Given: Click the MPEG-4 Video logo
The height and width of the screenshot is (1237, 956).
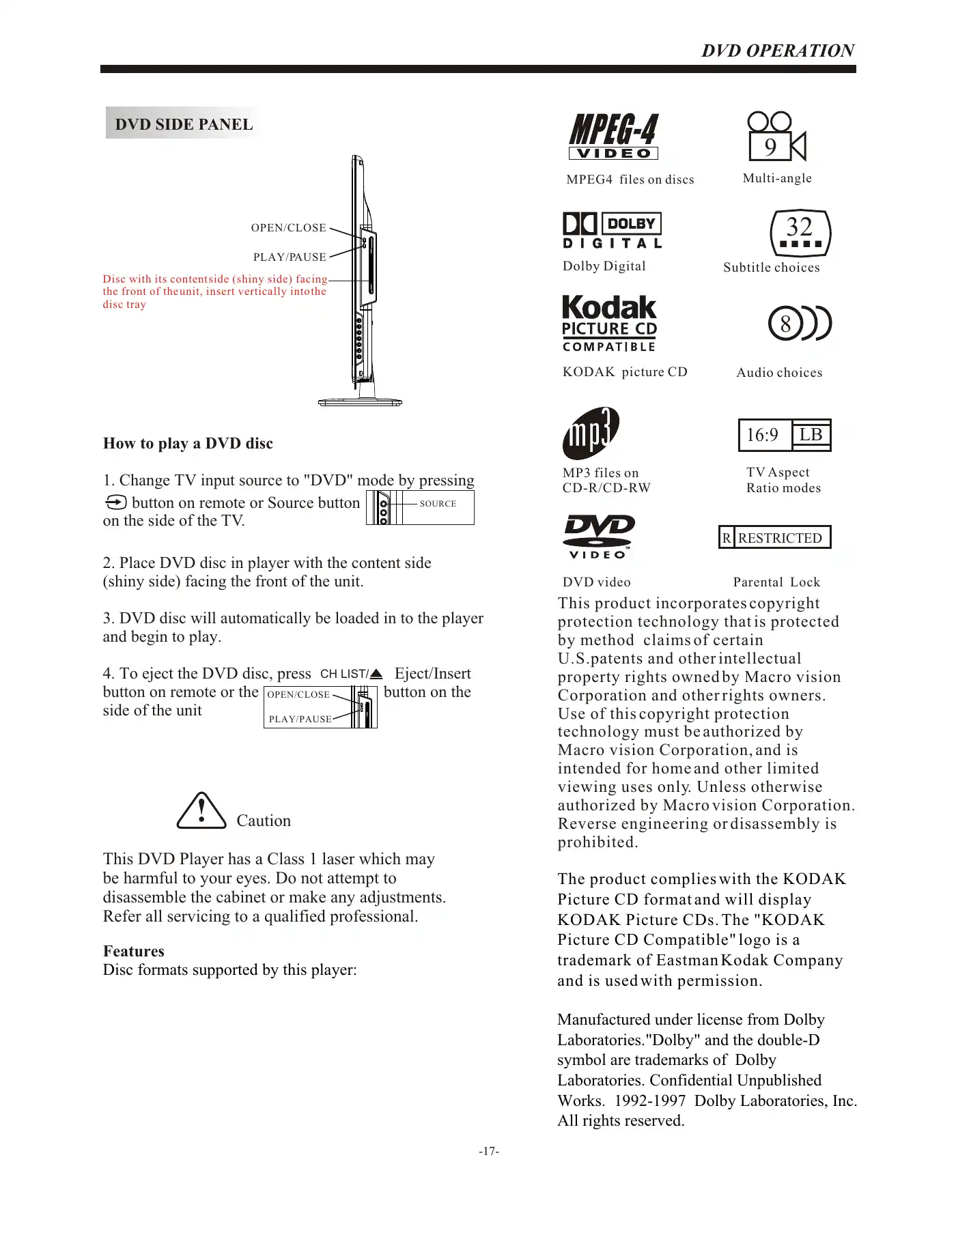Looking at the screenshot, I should (613, 137).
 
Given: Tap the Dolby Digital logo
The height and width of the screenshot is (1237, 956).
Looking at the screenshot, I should (612, 230).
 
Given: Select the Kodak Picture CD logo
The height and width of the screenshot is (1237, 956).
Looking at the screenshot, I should (609, 324).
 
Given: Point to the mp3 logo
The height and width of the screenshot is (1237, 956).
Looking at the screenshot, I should (591, 433).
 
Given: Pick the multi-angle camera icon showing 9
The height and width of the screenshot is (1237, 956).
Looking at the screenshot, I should (776, 137).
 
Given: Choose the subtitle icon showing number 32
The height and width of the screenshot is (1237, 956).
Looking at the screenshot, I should (800, 232).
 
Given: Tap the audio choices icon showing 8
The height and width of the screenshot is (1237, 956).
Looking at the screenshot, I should (799, 323).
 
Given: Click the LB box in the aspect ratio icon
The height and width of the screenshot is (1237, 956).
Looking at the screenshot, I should (811, 435).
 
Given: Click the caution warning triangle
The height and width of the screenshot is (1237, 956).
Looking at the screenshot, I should (201, 811).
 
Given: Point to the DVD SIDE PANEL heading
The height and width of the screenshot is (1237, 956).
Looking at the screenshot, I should (184, 124).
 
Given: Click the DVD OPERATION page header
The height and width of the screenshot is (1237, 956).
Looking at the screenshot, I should (778, 51).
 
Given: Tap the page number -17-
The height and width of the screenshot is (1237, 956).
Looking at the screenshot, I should (489, 1151).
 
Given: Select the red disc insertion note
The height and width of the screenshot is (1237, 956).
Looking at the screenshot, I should (214, 292).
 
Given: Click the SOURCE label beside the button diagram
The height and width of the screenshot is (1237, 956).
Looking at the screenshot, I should (438, 504).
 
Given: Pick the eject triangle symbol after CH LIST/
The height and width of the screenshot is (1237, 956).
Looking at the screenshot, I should (376, 674).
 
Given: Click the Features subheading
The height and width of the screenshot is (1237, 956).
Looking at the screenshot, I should (134, 951).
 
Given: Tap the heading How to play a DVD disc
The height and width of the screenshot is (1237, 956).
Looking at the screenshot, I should (188, 444).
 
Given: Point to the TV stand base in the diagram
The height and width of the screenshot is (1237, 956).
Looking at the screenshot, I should (360, 402).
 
